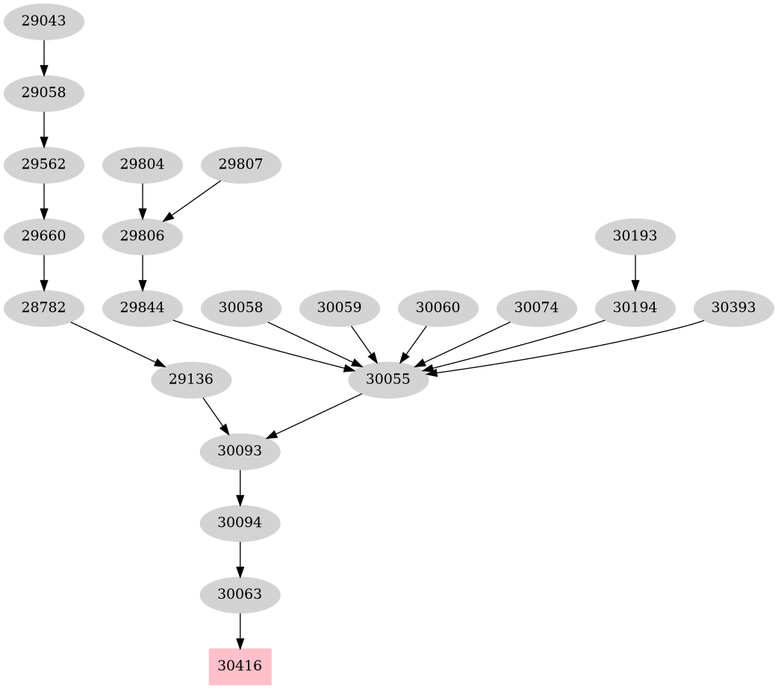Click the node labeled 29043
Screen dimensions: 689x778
pos(43,22)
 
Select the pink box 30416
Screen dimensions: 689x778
pos(240,666)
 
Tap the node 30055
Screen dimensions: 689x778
pos(388,379)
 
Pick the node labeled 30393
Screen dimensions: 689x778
pos(733,308)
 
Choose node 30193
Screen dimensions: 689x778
pos(635,237)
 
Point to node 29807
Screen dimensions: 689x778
pos(241,164)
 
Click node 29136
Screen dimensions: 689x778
pos(191,379)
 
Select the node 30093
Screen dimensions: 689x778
pos(240,451)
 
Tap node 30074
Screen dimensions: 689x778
pos(536,308)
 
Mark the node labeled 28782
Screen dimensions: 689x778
pos(43,308)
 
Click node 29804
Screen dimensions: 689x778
pos(142,164)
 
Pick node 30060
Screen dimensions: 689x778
pos(438,308)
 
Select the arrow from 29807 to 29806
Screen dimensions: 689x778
pos(192,200)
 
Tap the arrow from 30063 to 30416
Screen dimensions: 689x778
pos(240,630)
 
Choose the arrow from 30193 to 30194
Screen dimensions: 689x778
pos(635,272)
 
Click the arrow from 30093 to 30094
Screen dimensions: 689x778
pos(240,487)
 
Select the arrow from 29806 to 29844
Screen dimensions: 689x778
pos(142,272)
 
